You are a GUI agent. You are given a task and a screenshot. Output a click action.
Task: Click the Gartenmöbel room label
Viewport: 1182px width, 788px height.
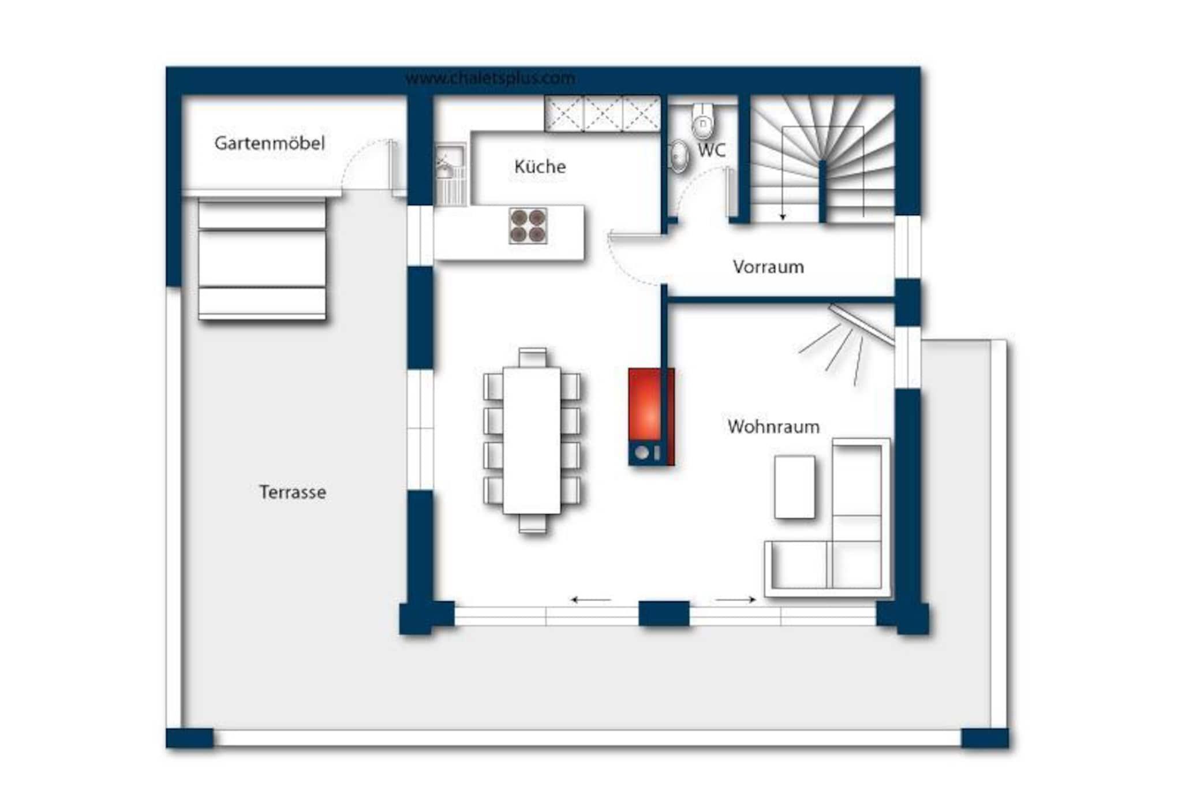click(270, 143)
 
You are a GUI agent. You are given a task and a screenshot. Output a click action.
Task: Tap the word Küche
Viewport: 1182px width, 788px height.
click(540, 166)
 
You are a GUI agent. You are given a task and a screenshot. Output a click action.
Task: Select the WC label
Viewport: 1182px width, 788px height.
click(711, 150)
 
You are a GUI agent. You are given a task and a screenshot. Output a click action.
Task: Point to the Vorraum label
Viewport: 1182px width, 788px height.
click(768, 267)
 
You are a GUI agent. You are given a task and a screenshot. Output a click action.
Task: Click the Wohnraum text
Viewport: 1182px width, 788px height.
click(773, 427)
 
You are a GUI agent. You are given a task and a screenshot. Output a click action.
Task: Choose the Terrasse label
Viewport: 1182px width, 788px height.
click(292, 492)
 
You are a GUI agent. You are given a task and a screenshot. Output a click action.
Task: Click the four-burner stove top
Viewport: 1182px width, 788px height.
click(528, 225)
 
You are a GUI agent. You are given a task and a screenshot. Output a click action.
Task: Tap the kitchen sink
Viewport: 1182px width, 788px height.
click(450, 173)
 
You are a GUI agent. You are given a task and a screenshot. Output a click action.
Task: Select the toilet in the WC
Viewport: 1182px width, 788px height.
click(702, 121)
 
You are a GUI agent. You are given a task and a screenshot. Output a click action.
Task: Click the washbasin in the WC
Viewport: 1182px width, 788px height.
click(678, 156)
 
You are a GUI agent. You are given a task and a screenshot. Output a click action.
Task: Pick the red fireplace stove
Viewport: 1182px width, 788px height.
click(652, 417)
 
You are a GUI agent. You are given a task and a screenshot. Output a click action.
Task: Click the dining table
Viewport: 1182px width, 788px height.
click(532, 440)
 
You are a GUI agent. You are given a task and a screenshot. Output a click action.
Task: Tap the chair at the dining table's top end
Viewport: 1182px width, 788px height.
click(532, 357)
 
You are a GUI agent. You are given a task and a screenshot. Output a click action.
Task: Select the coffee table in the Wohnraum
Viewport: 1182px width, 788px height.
click(795, 487)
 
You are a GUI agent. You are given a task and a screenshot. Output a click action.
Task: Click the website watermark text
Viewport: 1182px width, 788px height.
click(490, 79)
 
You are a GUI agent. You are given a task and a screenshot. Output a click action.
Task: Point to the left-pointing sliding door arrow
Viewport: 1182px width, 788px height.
click(591, 600)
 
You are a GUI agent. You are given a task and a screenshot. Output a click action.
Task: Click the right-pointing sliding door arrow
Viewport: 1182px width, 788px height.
click(736, 600)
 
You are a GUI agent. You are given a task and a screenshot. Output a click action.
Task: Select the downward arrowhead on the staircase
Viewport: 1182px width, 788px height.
click(783, 217)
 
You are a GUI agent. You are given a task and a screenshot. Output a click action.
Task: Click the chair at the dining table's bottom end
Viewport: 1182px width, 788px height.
click(532, 524)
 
